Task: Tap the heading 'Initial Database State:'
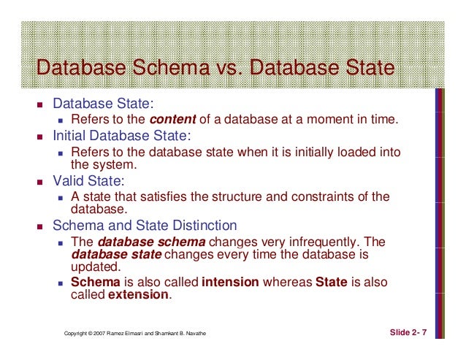click(x=121, y=136)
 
